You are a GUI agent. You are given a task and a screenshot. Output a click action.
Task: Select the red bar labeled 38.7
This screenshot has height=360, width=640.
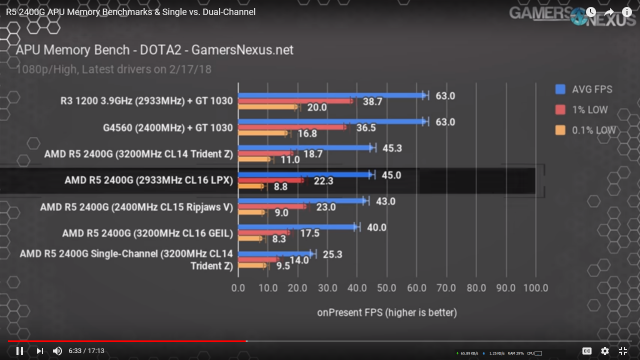(x=295, y=101)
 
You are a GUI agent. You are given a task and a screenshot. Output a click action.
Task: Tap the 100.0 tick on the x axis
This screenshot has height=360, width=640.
(x=535, y=289)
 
